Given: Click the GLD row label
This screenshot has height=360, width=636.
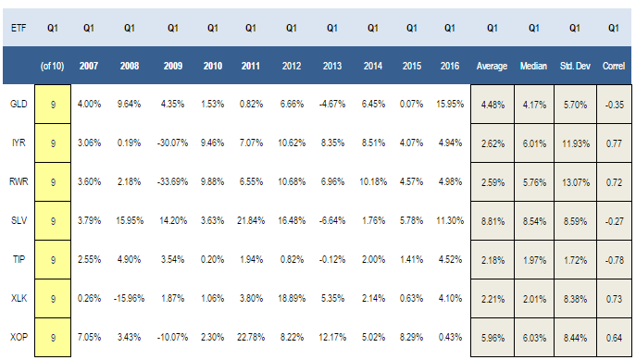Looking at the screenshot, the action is coord(19,105).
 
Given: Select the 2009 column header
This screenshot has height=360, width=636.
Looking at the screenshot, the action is coord(173,66).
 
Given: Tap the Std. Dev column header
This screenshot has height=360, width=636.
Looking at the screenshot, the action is coord(575,66).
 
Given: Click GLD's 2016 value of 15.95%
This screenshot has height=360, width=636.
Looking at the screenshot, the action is coord(450,105).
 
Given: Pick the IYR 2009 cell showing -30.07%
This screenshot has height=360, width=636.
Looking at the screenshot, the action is coord(172,143).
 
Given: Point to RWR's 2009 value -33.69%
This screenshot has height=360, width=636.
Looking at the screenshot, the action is coord(172,182).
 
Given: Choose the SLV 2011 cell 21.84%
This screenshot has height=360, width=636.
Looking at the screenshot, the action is coord(251,221).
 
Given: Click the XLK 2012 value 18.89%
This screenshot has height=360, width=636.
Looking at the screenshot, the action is coord(292,299).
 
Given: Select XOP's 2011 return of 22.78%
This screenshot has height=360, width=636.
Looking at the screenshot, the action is coord(251,337).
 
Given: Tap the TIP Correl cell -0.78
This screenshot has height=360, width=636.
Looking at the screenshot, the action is coord(614,260).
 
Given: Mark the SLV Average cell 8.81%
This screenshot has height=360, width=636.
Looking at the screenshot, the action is coord(493,221).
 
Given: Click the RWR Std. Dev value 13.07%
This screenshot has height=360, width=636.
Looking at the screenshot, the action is coord(576,182).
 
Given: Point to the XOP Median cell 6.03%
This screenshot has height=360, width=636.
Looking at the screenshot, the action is coord(534,338).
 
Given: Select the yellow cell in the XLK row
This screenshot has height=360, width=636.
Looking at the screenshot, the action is coord(53,299).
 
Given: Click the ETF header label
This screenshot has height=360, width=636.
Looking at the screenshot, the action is coord(19,28).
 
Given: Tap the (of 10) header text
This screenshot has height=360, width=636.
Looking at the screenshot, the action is coord(53,66).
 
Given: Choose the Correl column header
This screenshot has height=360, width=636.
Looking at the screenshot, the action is coord(614,66).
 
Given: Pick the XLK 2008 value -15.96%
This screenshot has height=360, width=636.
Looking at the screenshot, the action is coord(129,299).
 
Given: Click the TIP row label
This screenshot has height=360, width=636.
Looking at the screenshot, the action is coord(19,259).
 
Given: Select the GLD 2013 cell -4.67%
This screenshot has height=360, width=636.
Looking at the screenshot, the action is coord(332,105).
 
